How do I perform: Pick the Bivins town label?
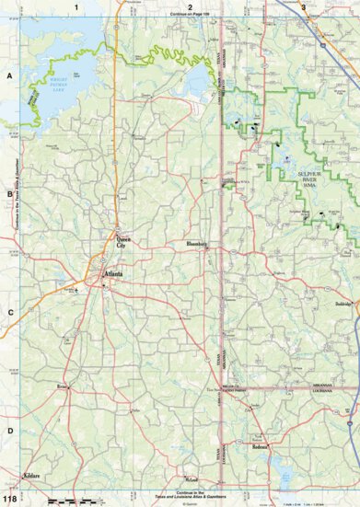63,387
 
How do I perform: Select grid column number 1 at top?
77,6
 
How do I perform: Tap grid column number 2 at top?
190,6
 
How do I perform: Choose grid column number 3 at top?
303,6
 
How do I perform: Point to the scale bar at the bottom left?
69,499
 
